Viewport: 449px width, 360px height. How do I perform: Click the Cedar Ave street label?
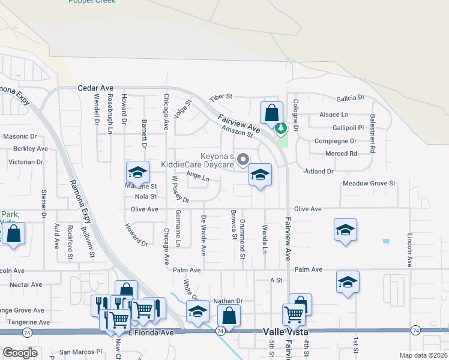(x=97, y=88)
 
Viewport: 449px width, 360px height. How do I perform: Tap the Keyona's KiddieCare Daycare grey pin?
(x=243, y=159)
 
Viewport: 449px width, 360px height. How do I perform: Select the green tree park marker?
(x=280, y=128)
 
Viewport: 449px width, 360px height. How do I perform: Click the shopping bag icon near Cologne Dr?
(x=271, y=112)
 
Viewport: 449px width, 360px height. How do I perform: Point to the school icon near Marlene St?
(x=137, y=173)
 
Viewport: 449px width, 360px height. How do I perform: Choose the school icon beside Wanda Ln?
(x=259, y=175)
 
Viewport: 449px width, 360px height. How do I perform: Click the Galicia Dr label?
(x=351, y=97)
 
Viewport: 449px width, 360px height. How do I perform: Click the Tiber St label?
(x=220, y=97)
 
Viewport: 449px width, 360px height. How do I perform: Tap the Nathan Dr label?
(x=227, y=301)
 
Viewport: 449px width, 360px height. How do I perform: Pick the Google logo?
(x=20, y=352)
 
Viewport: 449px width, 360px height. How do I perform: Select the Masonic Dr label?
(x=20, y=136)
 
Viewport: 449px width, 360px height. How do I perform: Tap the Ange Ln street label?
(x=197, y=176)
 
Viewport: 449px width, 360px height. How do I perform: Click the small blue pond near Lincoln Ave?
(x=385, y=241)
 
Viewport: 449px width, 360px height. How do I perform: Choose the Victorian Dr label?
(x=25, y=162)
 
